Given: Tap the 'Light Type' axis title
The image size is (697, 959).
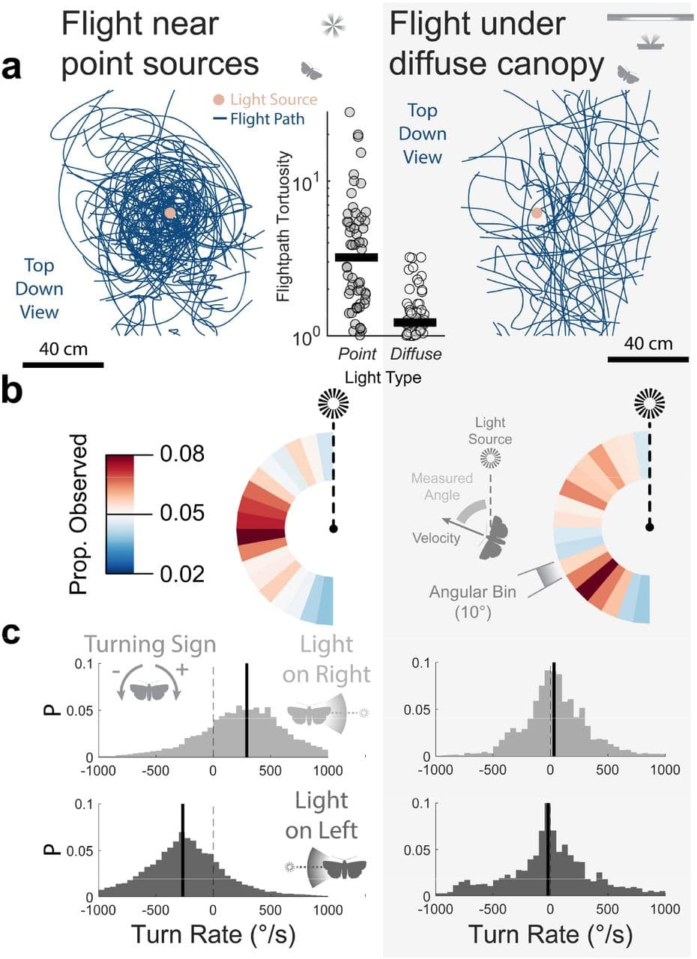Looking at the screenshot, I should [x=383, y=378].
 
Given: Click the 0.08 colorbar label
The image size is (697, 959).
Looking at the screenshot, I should [x=184, y=454].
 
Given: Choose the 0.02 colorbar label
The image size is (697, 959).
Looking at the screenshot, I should [x=184, y=573].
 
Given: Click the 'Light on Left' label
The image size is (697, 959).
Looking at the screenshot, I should [x=327, y=814].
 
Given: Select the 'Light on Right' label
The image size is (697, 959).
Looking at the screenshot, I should [x=327, y=662].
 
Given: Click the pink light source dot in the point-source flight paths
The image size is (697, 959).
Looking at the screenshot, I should [x=170, y=213].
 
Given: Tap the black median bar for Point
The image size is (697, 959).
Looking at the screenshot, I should [x=356, y=257].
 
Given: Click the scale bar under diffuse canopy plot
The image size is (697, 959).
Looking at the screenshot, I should [x=648, y=359].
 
